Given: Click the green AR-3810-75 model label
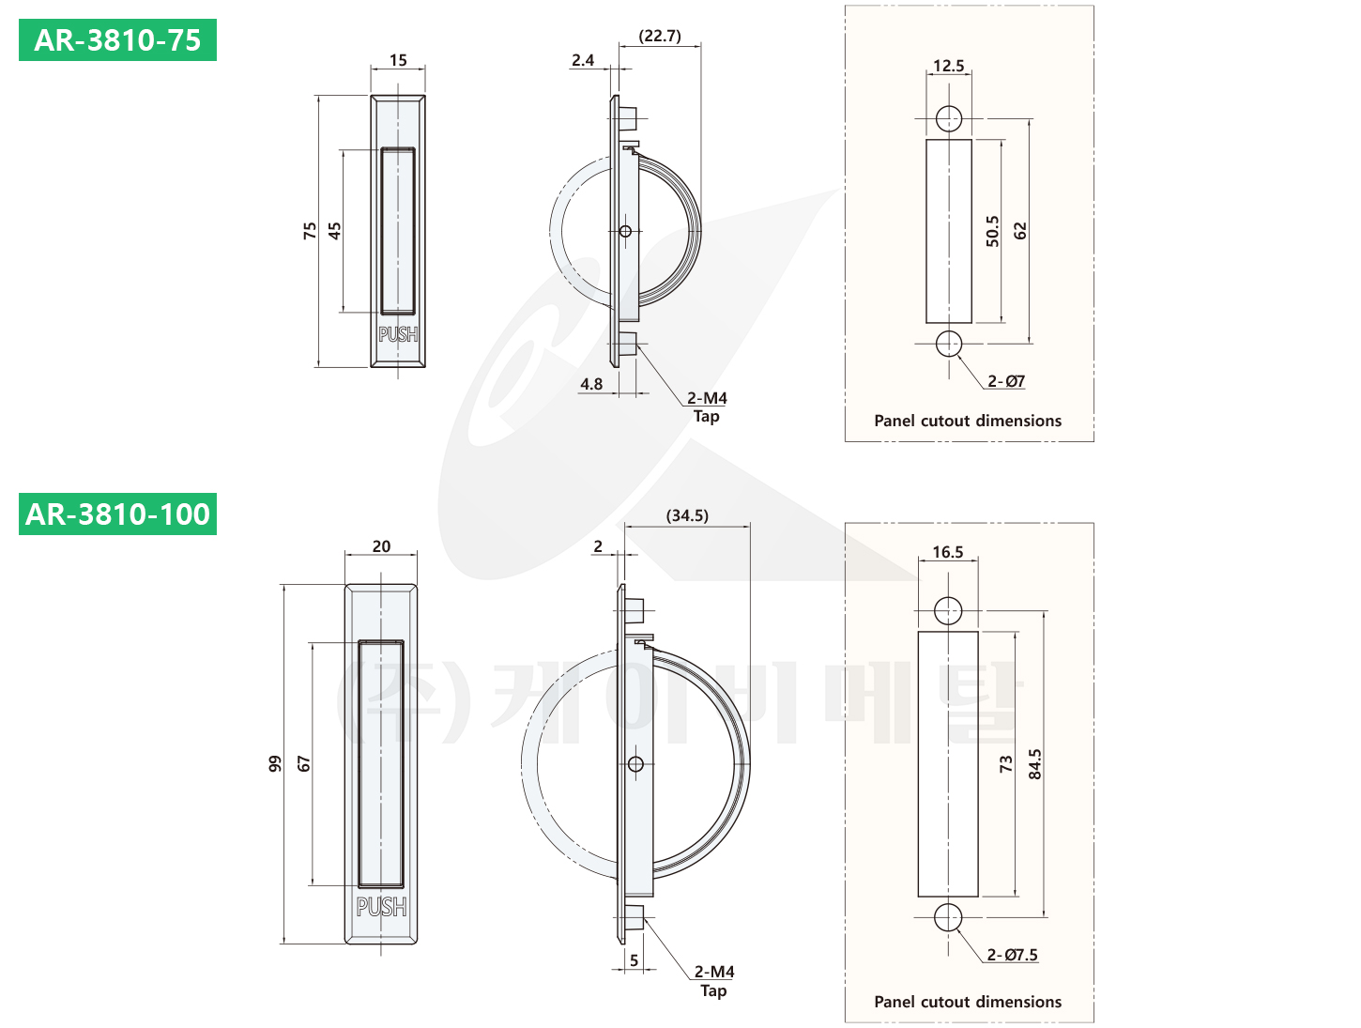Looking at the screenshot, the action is (117, 39).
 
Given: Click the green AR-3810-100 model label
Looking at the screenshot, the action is (117, 514).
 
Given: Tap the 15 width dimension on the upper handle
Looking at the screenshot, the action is (398, 60).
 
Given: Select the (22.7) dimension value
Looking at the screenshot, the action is (660, 36).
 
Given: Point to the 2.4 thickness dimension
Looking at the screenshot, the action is (582, 60).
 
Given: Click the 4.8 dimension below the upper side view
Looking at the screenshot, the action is (591, 384).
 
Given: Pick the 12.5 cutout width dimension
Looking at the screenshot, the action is (949, 66).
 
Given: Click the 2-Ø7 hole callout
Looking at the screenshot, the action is (1005, 381).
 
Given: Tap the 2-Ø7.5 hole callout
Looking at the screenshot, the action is (1012, 954).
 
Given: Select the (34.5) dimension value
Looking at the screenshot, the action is (687, 515).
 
